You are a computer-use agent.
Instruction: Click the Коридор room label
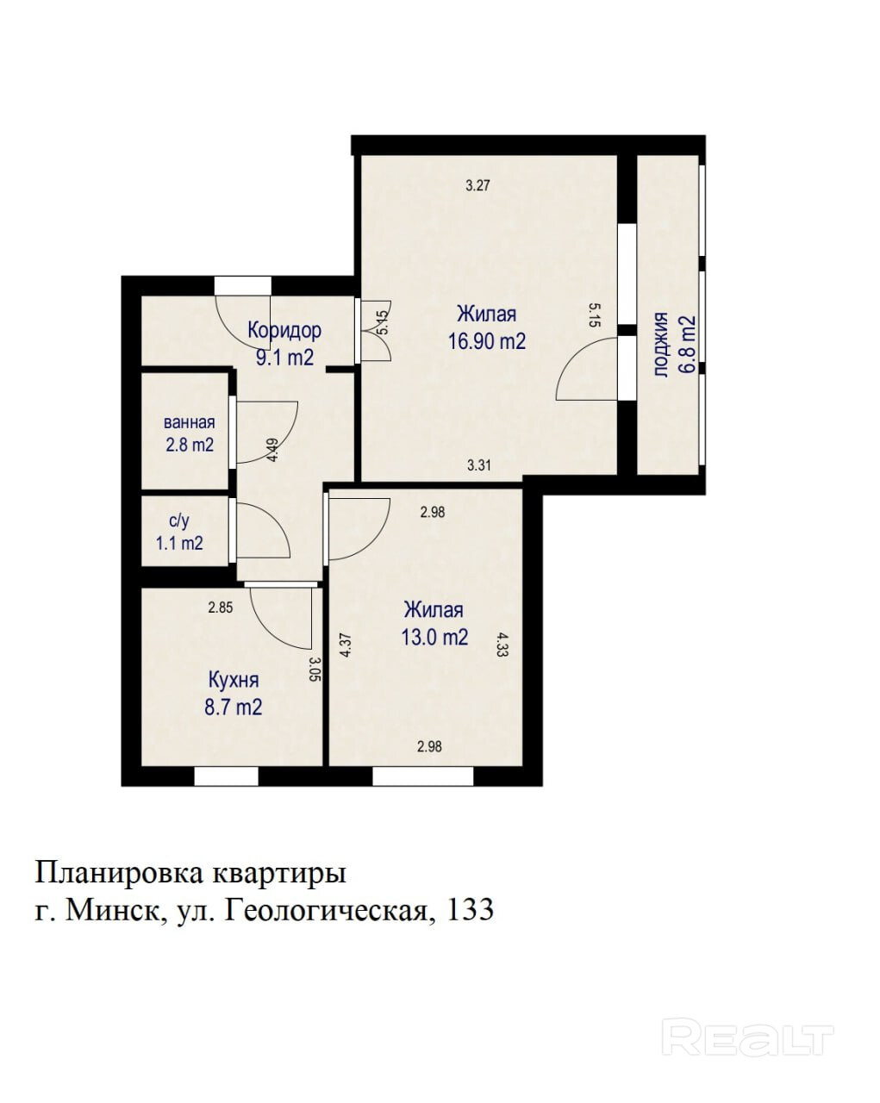[284, 330]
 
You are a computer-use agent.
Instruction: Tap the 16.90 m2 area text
[487, 341]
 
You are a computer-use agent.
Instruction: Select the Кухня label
[234, 680]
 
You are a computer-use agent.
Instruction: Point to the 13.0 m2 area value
[434, 638]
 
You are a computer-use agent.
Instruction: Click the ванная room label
[190, 423]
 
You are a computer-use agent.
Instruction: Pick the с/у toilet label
[179, 521]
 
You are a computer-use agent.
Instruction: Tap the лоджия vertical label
[662, 345]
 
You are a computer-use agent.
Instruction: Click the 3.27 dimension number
[477, 185]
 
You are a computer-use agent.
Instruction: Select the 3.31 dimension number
[479, 465]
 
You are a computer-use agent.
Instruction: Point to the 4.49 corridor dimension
[273, 450]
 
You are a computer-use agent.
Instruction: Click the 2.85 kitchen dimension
[221, 608]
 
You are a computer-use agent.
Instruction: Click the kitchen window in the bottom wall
[226, 776]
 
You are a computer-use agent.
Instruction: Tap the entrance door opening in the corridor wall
[242, 285]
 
